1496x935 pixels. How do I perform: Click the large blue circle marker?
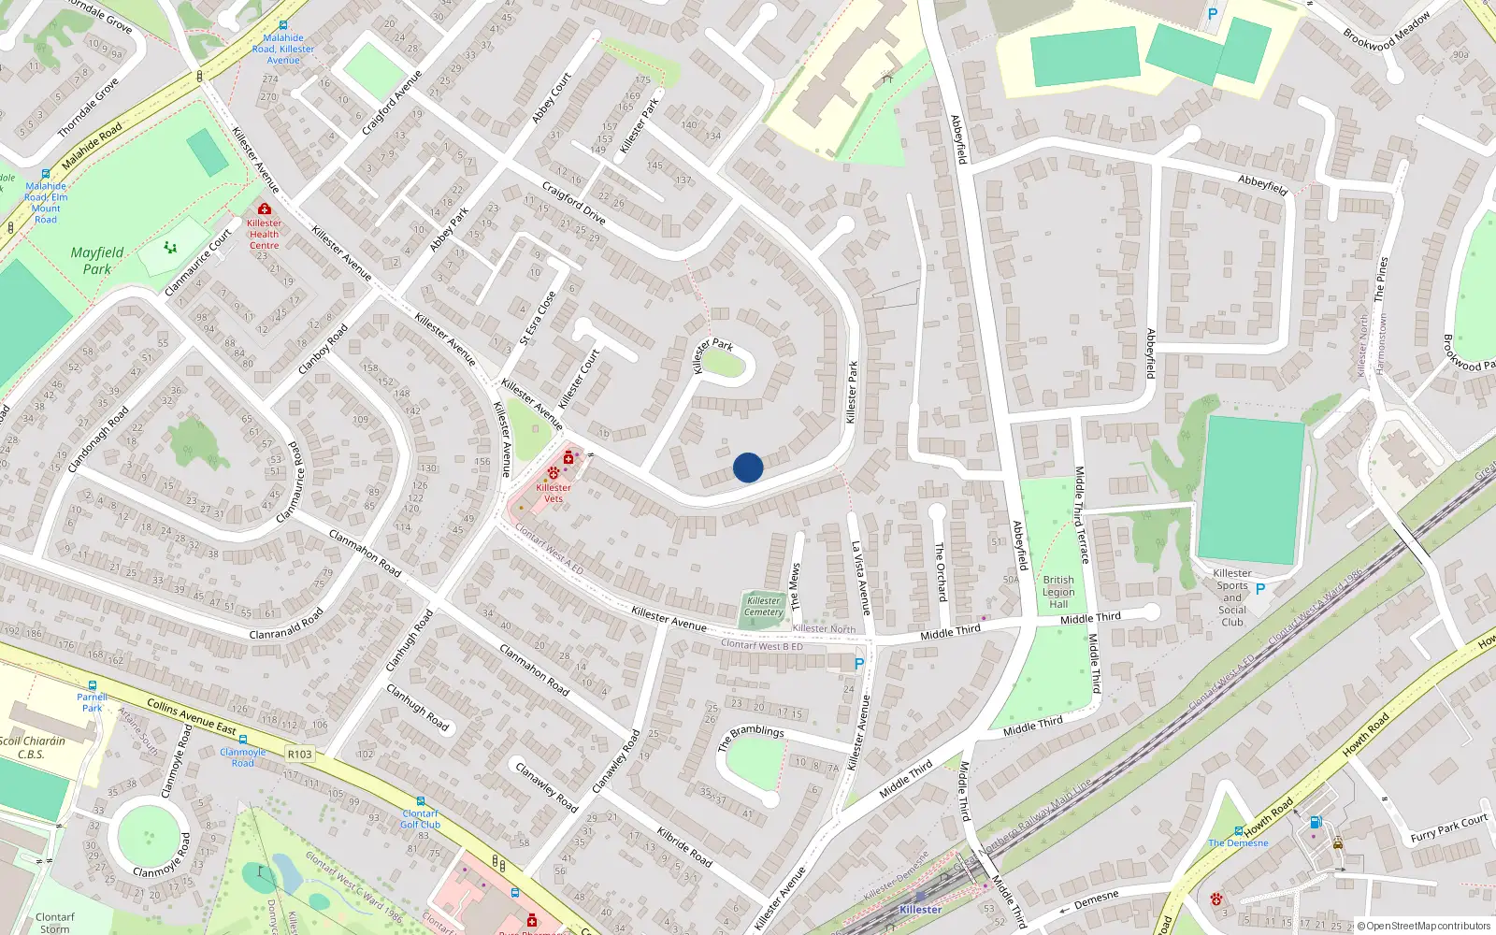(748, 467)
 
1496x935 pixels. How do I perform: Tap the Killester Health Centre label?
(264, 234)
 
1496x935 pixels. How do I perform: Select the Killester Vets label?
(554, 493)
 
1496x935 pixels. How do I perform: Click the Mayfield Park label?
(97, 261)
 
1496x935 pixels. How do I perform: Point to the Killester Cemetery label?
(764, 607)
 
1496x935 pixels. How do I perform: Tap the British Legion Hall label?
(1058, 592)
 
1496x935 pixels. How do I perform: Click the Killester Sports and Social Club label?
(1232, 597)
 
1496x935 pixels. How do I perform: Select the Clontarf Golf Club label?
(420, 819)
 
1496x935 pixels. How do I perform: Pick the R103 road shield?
(300, 755)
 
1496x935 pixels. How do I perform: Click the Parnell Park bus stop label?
(92, 702)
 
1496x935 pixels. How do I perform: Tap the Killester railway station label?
(920, 909)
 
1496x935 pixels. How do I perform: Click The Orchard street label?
(941, 572)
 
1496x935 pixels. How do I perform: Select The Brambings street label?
(751, 738)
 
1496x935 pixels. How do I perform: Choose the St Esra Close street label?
(538, 318)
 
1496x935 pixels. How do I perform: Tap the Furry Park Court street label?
(1448, 828)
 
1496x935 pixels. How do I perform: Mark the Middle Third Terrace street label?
(1081, 515)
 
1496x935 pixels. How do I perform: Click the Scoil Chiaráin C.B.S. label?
(32, 747)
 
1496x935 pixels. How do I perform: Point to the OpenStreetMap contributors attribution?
(1428, 926)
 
